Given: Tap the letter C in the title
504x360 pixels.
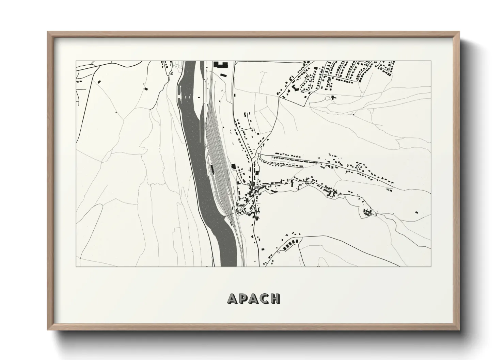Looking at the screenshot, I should pyautogui.click(x=265, y=298).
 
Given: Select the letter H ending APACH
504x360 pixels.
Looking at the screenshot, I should pyautogui.click(x=275, y=298).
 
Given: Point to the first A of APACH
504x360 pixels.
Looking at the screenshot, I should pyautogui.click(x=233, y=298).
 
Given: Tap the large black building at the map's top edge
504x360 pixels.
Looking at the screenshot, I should pyautogui.click(x=220, y=64).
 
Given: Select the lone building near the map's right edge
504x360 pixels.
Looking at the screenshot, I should pyautogui.click(x=416, y=212).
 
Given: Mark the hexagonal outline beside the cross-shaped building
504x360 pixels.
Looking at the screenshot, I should pyautogui.click(x=327, y=98).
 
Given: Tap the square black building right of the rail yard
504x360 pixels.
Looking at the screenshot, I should pyautogui.click(x=234, y=166).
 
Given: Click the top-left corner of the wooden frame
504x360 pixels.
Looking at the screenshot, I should pyautogui.click(x=48, y=32).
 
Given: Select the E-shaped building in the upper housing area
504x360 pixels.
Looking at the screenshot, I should pyautogui.click(x=294, y=88).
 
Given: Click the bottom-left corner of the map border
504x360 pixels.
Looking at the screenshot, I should pyautogui.click(x=76, y=266).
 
